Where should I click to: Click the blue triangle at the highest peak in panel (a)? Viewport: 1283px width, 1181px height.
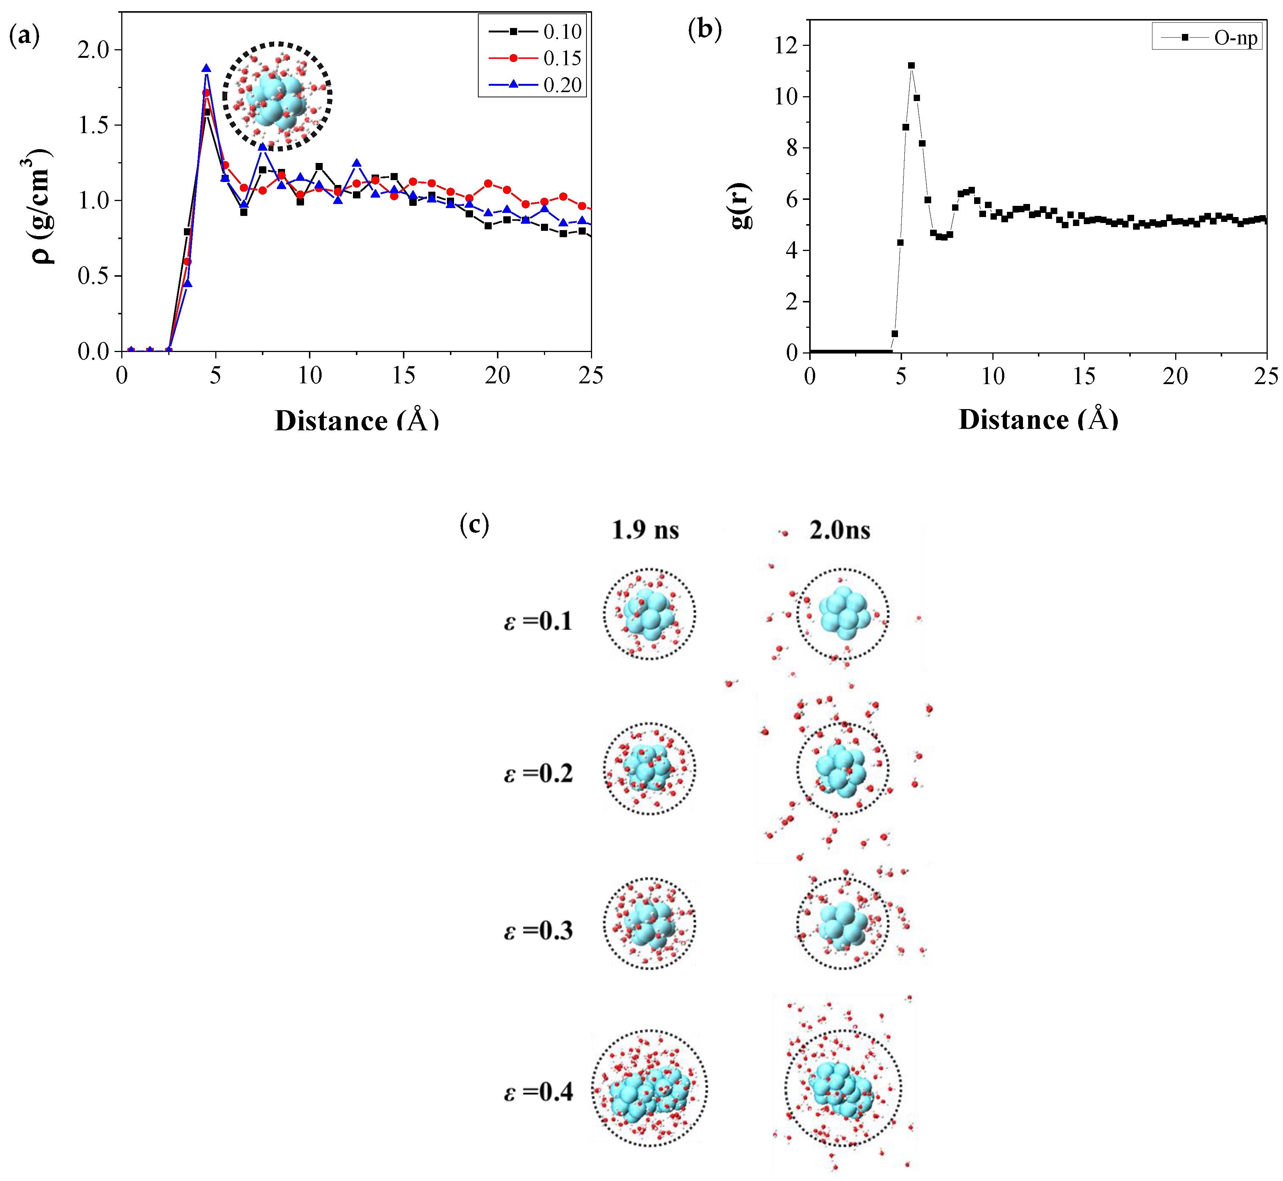coord(206,68)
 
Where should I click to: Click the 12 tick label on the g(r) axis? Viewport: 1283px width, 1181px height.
coord(786,45)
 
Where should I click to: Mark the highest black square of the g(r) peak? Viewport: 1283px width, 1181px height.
coord(911,65)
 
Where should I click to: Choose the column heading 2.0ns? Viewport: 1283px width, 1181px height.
coord(839,530)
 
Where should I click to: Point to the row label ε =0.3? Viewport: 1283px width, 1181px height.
coord(538,930)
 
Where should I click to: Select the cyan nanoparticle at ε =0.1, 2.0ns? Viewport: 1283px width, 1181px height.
coord(844,613)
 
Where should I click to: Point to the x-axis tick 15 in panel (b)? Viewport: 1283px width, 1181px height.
coord(1084,376)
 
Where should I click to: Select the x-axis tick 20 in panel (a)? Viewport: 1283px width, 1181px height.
coord(497,376)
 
